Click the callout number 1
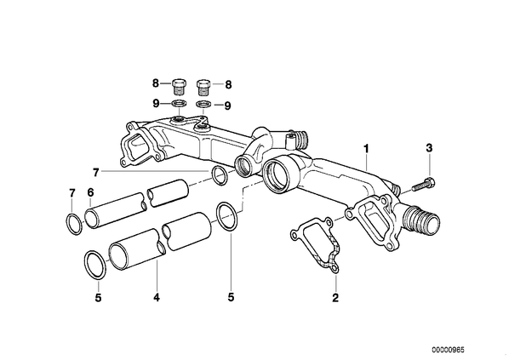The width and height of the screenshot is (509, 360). coord(366,149)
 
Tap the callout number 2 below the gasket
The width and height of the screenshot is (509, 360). coord(335,297)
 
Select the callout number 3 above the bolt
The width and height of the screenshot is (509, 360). coord(429,148)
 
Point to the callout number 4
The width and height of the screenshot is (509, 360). coord(157,297)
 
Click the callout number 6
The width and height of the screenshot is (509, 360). coord(90,192)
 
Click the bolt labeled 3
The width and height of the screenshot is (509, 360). coord(424,185)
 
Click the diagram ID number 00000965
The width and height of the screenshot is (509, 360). coord(448,350)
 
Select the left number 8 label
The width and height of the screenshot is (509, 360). coord(156,83)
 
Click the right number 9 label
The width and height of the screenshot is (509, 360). coord(228,106)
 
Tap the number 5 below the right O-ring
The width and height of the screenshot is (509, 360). coord(231,297)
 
